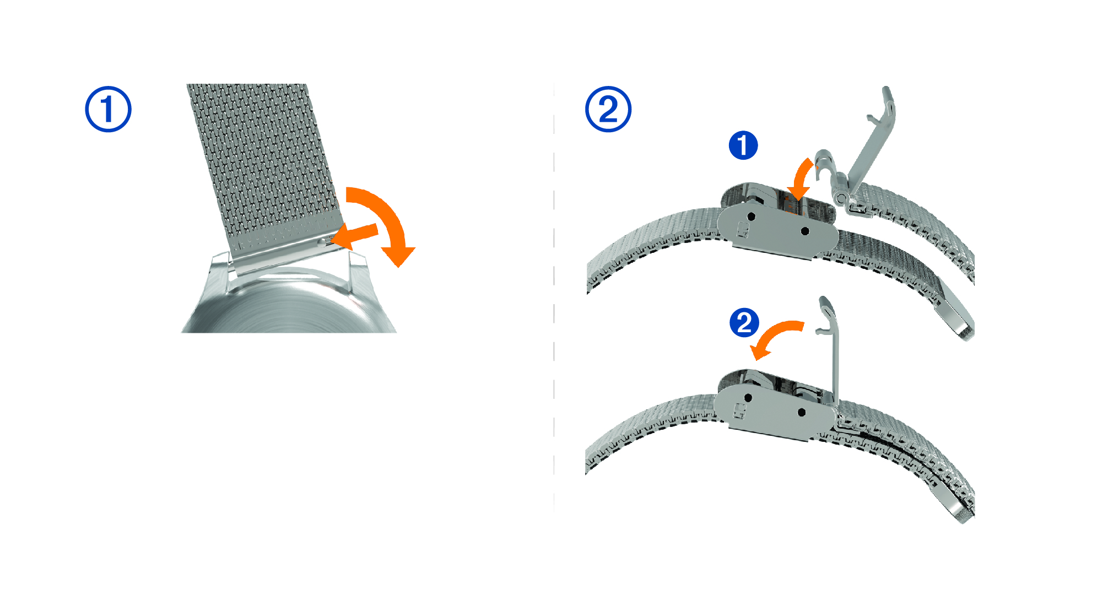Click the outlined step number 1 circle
click(108, 109)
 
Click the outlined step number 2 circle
click(608, 109)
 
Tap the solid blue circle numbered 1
click(743, 145)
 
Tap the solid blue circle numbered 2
click(744, 323)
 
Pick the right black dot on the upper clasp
click(805, 231)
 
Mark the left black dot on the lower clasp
click(748, 398)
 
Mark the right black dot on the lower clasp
click(802, 412)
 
